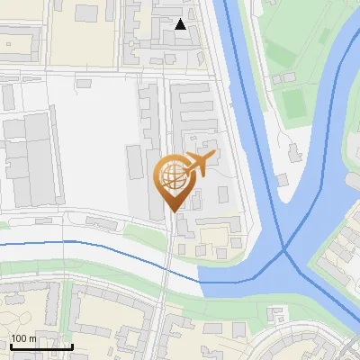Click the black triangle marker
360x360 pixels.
pos(181,24)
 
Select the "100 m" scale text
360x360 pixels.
pos(23,338)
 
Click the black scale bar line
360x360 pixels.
pos(41,346)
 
